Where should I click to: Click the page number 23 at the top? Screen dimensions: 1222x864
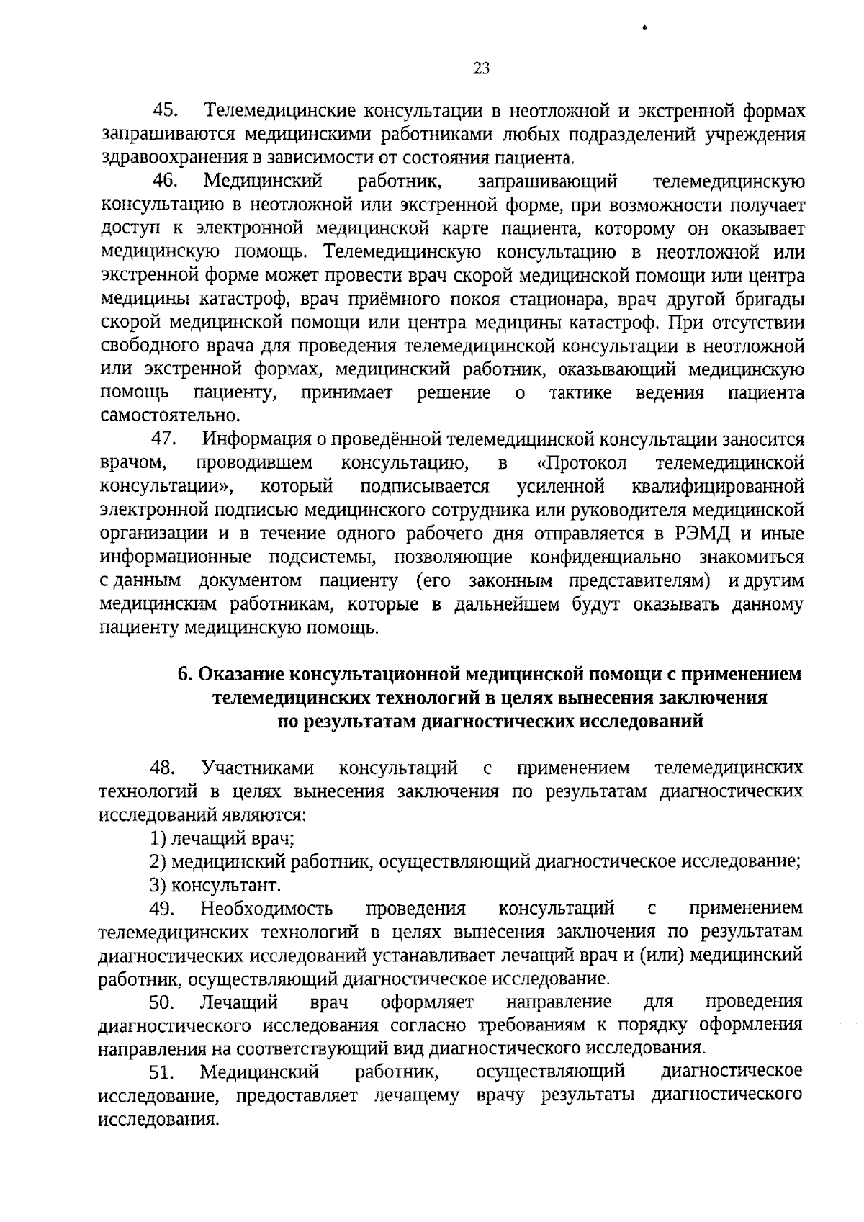[x=482, y=68]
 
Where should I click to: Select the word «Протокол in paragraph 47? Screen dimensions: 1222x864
[x=582, y=463]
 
